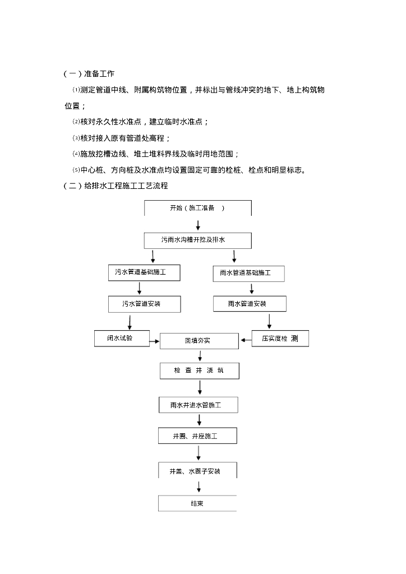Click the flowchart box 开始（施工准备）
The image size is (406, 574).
click(x=197, y=208)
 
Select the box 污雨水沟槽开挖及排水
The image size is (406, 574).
click(x=197, y=240)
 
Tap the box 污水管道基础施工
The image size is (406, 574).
click(x=144, y=272)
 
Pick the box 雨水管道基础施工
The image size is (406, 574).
click(x=249, y=274)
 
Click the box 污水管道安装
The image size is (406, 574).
click(x=144, y=304)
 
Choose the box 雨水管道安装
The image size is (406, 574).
click(x=250, y=304)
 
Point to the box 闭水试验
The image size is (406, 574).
click(x=121, y=339)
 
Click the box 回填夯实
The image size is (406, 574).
click(x=199, y=341)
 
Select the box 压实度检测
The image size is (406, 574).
click(x=281, y=339)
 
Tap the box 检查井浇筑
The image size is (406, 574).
click(x=199, y=371)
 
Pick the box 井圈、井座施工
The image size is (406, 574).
click(x=197, y=436)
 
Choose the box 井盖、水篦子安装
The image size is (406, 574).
click(x=197, y=471)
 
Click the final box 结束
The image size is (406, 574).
click(x=197, y=503)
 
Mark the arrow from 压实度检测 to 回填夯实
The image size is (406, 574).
click(x=247, y=339)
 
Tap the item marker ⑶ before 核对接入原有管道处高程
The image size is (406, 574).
click(x=77, y=138)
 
